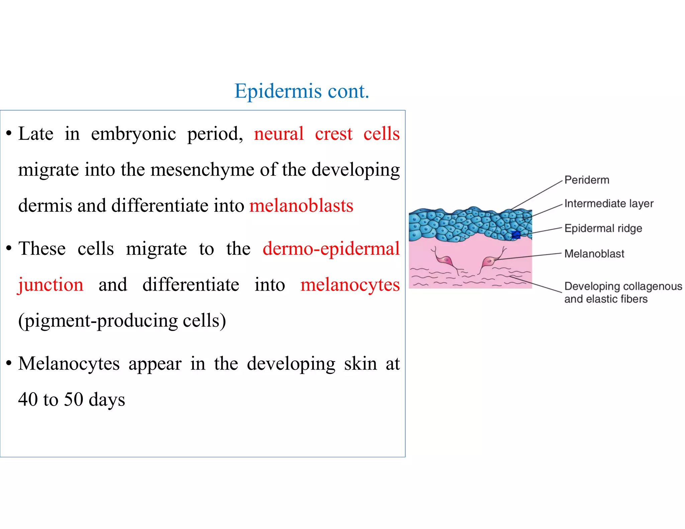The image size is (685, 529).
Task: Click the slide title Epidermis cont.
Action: click(x=302, y=91)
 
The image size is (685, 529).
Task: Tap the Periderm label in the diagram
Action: click(x=587, y=180)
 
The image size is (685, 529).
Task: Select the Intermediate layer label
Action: click(x=609, y=203)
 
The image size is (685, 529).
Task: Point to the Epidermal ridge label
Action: click(x=603, y=228)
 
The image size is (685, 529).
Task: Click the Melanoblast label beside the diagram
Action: click(x=594, y=254)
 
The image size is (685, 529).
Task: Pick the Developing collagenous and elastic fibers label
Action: click(x=623, y=292)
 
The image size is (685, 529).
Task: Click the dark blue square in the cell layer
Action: click(x=516, y=235)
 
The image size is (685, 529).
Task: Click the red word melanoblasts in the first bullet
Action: click(x=301, y=205)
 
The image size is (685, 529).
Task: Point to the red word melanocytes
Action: click(x=350, y=285)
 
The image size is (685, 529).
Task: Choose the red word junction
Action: click(x=51, y=285)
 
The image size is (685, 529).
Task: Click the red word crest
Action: click(x=333, y=134)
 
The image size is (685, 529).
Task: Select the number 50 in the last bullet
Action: click(x=73, y=399)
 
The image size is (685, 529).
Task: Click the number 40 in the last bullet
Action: click(x=28, y=399)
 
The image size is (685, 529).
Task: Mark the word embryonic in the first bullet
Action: click(x=133, y=134)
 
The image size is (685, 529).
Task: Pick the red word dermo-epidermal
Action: click(x=331, y=249)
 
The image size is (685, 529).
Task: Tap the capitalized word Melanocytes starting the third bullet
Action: click(x=69, y=363)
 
